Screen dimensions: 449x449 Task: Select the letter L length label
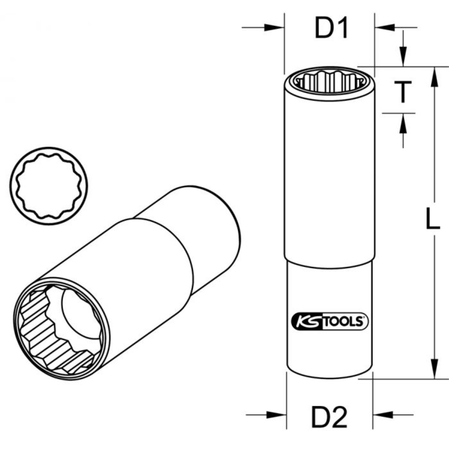tap(432, 221)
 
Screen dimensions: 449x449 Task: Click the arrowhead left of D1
tap(274, 28)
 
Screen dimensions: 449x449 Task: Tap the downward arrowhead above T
tap(403, 57)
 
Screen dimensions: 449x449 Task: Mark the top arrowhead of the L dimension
tap(434, 77)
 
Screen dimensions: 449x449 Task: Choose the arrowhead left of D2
tap(277, 414)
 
